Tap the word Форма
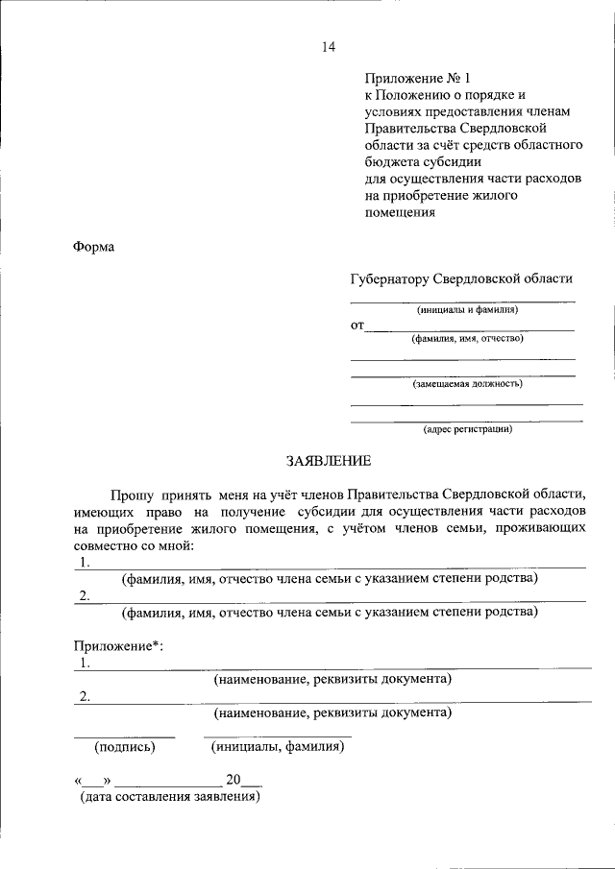93,247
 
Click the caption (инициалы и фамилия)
467,310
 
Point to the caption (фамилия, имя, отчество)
467,338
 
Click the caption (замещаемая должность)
468,383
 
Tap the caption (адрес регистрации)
468,429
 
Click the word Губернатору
391,278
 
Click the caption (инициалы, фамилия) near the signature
277,746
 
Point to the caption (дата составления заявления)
170,796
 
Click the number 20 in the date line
233,780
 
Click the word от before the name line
357,326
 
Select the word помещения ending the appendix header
401,212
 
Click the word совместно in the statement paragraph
105,545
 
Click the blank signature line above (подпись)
125,736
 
